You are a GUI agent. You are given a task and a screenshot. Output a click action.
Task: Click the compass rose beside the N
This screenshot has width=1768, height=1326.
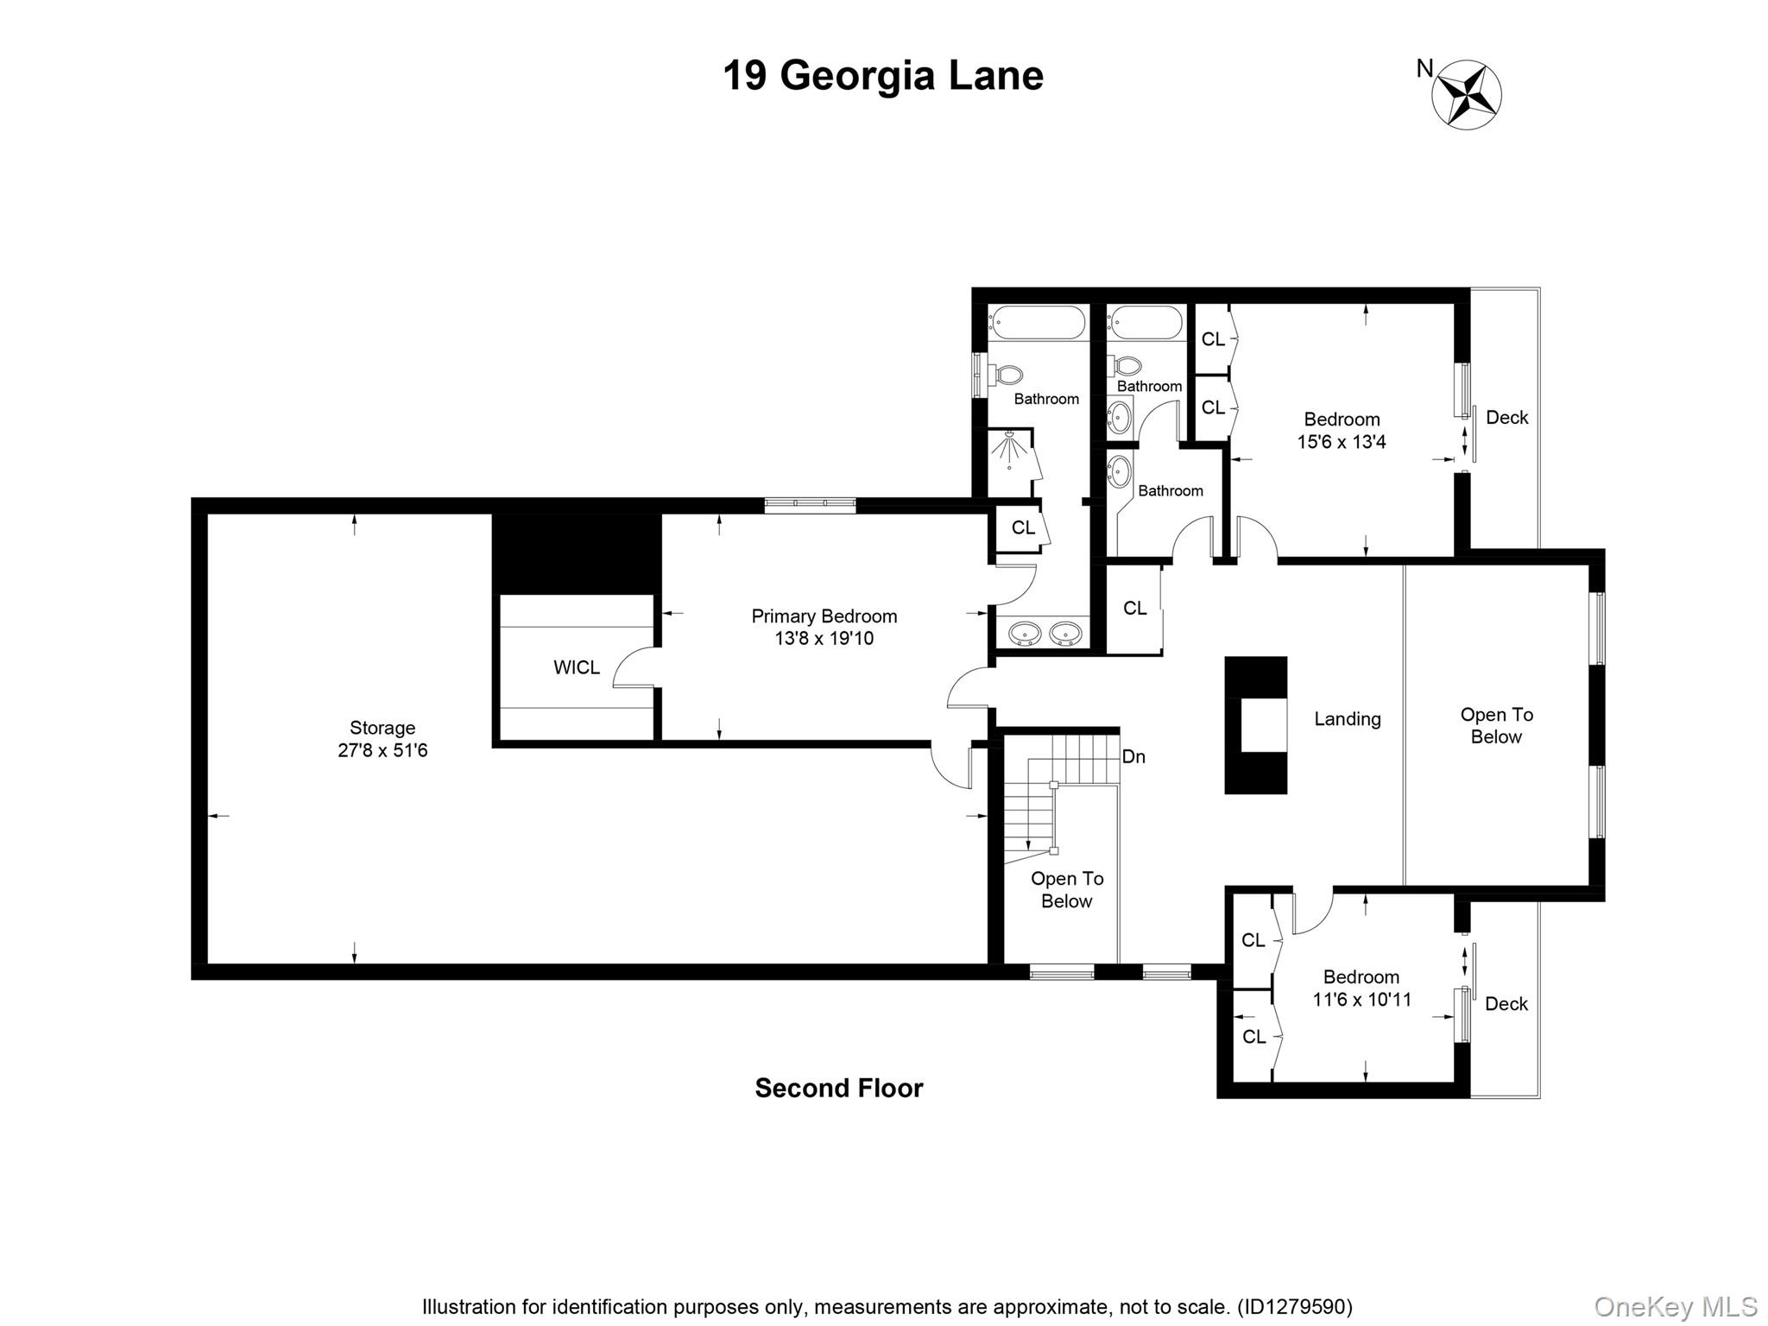point(1467,95)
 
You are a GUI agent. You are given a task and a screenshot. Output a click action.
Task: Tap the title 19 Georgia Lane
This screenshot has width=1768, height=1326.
point(883,76)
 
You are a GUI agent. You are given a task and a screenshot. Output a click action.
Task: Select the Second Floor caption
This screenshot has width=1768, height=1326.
point(839,1088)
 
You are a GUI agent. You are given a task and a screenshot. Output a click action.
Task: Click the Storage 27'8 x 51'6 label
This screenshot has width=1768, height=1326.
point(382,739)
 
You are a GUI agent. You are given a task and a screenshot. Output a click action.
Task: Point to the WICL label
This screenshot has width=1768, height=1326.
point(576,667)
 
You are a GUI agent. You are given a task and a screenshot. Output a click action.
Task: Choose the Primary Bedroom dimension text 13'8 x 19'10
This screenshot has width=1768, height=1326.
point(824,639)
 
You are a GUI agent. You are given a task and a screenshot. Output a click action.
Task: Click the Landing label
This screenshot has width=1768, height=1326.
point(1348,719)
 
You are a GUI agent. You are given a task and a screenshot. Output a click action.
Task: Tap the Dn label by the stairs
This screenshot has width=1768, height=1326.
point(1133,757)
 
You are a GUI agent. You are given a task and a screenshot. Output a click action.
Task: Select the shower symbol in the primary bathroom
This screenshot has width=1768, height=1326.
point(1010,451)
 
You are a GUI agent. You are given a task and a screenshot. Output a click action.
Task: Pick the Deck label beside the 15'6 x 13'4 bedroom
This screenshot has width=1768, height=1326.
point(1507,418)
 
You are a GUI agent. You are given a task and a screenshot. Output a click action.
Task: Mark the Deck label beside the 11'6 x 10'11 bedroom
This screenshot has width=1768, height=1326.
point(1506,1004)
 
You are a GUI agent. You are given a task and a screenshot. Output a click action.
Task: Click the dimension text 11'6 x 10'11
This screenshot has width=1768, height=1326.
point(1362,1000)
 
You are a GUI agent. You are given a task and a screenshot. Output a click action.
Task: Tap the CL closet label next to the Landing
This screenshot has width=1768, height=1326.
point(1134,609)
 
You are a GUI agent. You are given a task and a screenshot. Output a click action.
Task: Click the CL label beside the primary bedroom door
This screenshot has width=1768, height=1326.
point(1023,527)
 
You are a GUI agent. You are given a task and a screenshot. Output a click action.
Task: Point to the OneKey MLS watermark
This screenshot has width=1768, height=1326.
point(1675,1306)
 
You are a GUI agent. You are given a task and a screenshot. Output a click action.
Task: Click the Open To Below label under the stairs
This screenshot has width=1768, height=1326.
point(1067,890)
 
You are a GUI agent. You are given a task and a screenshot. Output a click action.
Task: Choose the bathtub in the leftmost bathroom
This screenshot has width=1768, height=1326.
point(1036,323)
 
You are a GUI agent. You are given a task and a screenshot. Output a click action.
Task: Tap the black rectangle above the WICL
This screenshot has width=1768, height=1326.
point(577,553)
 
